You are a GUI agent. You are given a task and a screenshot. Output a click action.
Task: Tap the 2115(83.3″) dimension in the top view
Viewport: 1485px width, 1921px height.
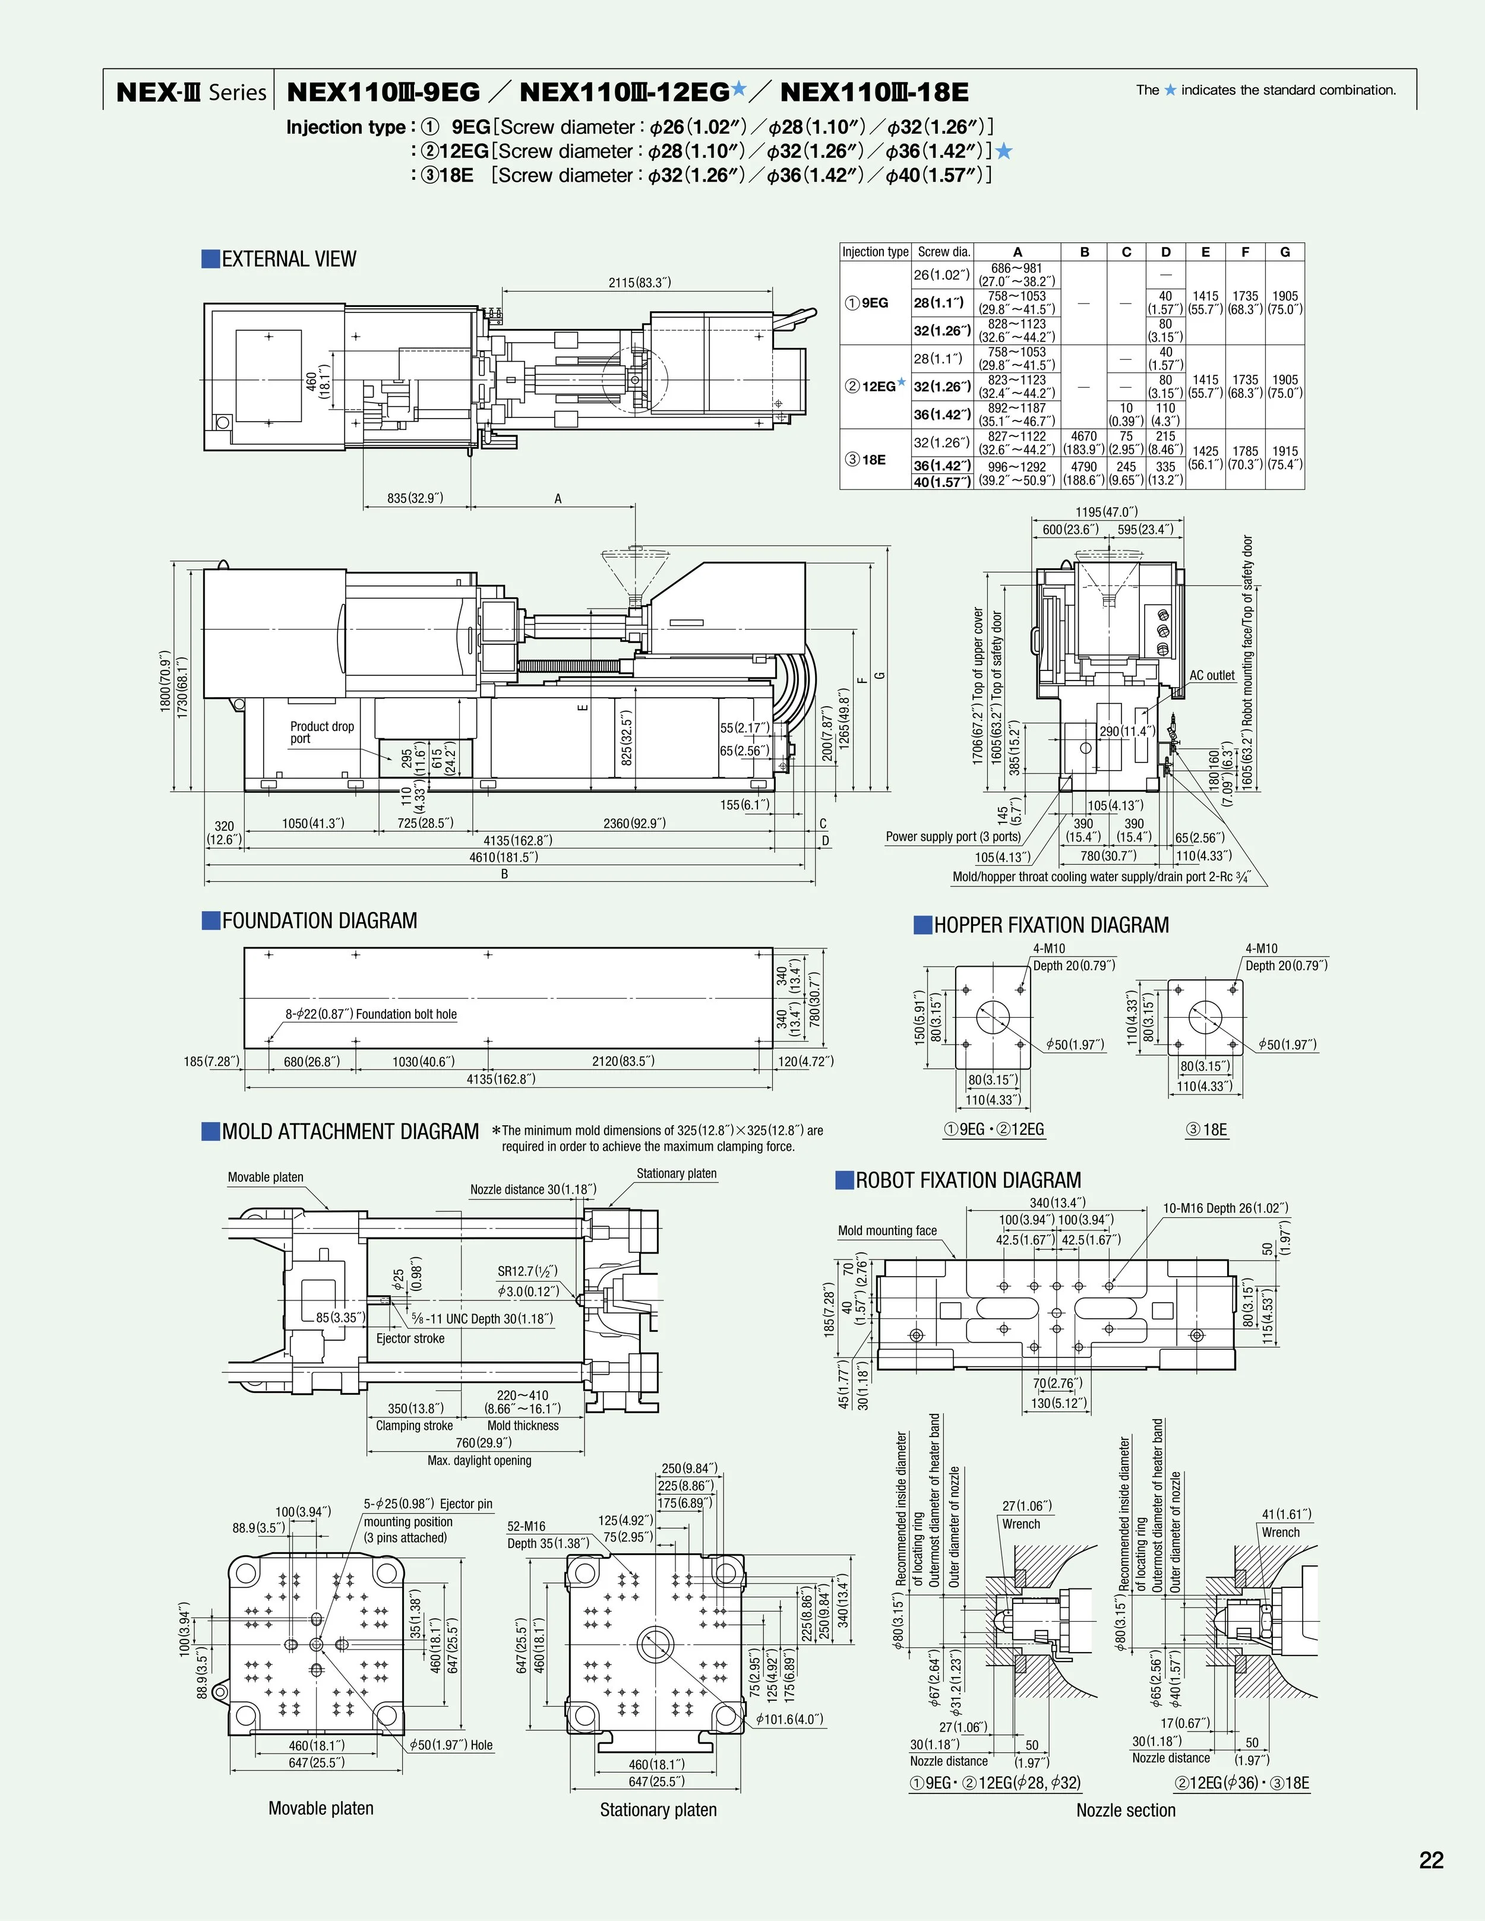point(640,282)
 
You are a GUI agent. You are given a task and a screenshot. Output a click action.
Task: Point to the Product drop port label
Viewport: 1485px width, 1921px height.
point(321,732)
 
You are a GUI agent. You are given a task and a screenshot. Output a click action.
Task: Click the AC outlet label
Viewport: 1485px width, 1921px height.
point(1211,676)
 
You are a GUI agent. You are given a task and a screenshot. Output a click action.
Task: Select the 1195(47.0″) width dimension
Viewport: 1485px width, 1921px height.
point(1106,512)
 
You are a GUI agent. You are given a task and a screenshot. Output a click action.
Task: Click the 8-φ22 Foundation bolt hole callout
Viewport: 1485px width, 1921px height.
point(371,1014)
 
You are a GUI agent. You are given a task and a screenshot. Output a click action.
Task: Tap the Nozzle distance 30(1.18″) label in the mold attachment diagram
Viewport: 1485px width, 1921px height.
point(532,1189)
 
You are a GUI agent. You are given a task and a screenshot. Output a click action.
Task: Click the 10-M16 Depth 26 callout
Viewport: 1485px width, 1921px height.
point(1225,1208)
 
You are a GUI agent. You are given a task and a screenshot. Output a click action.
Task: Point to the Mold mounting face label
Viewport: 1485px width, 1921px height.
point(887,1230)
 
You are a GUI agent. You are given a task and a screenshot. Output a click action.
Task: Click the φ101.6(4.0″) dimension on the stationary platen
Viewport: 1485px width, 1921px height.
point(788,1719)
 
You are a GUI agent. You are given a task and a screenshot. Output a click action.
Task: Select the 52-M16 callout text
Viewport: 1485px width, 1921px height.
point(526,1526)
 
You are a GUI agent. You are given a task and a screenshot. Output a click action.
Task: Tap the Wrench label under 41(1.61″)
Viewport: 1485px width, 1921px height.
point(1280,1532)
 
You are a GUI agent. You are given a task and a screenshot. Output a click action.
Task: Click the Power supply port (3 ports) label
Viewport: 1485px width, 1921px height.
point(953,837)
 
